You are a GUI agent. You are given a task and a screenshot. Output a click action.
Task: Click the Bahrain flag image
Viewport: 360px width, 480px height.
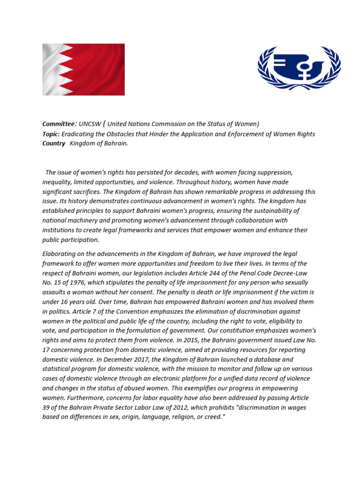click(x=83, y=69)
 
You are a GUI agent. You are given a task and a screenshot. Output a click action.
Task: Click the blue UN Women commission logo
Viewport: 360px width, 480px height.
click(x=299, y=68)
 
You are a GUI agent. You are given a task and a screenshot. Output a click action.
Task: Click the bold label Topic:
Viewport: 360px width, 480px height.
click(x=51, y=134)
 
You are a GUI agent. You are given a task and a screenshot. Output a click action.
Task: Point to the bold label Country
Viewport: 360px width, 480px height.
click(x=54, y=143)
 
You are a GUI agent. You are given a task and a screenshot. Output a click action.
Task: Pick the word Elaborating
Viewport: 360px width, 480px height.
click(x=60, y=254)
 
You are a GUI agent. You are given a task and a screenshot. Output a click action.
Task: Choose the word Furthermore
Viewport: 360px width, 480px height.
click(x=87, y=398)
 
